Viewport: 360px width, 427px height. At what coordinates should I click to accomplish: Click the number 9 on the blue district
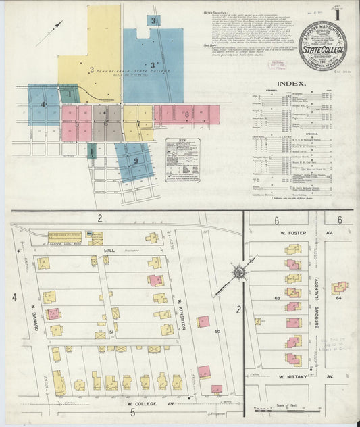[136, 160]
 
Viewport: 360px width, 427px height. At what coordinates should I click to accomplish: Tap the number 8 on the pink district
[186, 115]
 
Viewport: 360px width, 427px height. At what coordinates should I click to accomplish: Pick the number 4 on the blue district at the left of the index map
[43, 105]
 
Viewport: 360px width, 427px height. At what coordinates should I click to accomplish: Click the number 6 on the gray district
[106, 123]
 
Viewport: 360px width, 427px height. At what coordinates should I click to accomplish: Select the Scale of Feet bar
[294, 408]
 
